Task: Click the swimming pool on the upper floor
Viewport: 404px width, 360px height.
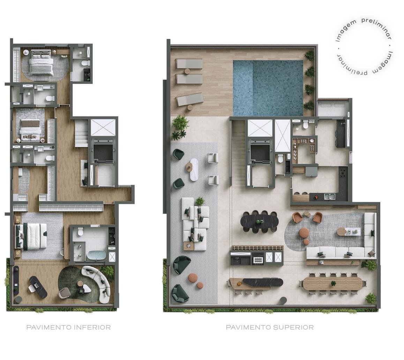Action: (x=268, y=88)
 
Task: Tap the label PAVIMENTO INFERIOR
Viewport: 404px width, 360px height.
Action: (x=68, y=327)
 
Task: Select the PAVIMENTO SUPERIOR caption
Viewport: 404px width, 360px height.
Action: (x=270, y=327)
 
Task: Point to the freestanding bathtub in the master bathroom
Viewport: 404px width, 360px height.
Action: (x=97, y=255)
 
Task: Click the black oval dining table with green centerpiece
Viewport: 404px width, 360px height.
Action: (x=260, y=222)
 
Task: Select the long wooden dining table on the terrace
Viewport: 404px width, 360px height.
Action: (x=332, y=284)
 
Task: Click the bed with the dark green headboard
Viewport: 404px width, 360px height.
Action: (x=31, y=236)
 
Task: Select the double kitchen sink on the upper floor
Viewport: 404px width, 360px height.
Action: (x=329, y=197)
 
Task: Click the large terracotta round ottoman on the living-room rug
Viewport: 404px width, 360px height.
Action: (x=304, y=232)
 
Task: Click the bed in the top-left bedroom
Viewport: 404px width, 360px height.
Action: (x=41, y=62)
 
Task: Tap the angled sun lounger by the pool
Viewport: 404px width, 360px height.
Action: (x=190, y=99)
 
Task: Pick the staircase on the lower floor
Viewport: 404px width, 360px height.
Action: (x=82, y=134)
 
